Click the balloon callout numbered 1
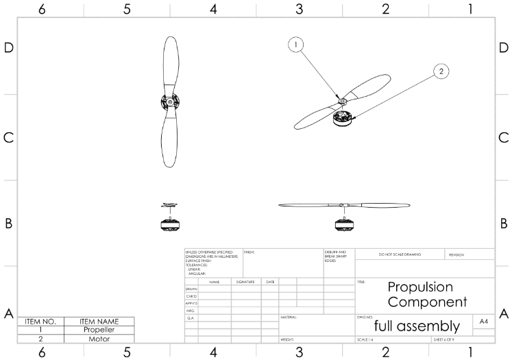(x=296, y=45)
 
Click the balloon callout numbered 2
(x=442, y=71)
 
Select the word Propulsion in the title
(x=420, y=287)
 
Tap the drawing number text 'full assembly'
(x=417, y=326)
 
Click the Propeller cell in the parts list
(x=99, y=330)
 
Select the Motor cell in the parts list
(x=99, y=339)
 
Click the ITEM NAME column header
(x=99, y=321)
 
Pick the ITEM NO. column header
(x=40, y=321)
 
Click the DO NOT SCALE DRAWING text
(x=400, y=254)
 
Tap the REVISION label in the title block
(x=456, y=254)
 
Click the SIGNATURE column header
(x=245, y=282)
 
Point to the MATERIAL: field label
(x=289, y=317)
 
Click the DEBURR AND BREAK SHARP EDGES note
(x=335, y=256)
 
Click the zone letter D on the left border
(x=9, y=49)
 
